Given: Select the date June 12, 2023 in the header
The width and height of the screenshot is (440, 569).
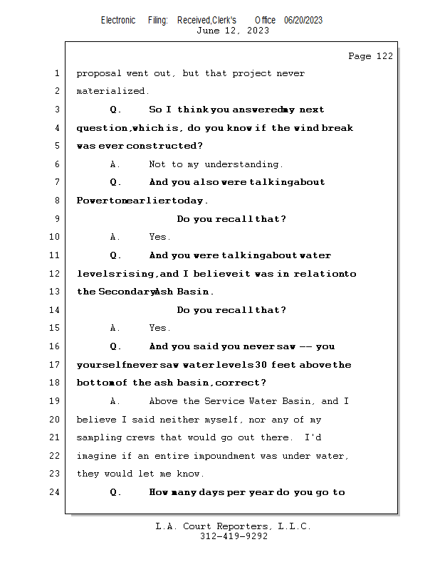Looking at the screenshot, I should (233, 31).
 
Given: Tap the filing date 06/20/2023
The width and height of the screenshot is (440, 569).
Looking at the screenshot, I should (303, 20).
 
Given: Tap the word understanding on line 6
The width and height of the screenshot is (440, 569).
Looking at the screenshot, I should (243, 164).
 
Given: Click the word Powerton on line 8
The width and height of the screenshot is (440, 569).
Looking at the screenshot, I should (101, 201).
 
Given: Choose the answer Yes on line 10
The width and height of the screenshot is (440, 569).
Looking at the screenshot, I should (158, 237).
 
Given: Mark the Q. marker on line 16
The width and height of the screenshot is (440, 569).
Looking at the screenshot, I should (115, 346).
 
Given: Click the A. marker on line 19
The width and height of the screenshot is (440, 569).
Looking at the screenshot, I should (115, 401).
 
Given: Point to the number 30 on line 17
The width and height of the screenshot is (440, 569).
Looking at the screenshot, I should (261, 365).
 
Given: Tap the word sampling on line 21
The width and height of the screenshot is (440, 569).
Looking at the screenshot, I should (100, 437).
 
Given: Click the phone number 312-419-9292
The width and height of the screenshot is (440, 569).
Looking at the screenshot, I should (233, 537).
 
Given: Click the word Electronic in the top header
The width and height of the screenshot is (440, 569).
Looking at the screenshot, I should (118, 20).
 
